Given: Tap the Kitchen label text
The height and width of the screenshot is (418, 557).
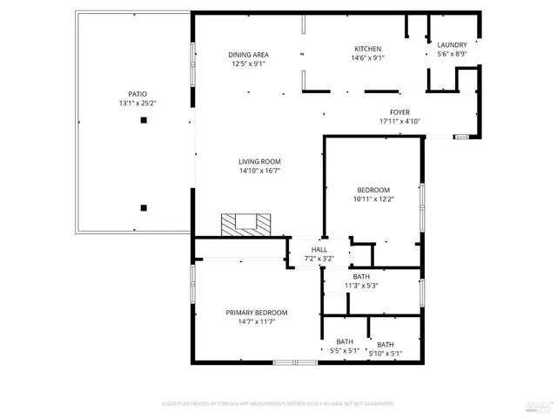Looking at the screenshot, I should click(x=367, y=49).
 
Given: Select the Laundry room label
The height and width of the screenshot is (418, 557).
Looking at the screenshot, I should click(x=452, y=45).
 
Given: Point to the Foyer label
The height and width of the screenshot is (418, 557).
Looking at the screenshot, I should click(x=399, y=112).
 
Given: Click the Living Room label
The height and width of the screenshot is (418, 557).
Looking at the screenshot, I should click(x=259, y=161).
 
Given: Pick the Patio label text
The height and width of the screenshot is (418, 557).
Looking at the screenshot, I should click(x=138, y=94).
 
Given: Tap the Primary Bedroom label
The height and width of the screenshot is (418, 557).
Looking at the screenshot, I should click(x=257, y=313).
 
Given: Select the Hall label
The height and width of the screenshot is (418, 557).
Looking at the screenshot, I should click(x=307, y=250).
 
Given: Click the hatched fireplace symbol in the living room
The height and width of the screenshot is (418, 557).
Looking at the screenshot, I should click(x=245, y=225).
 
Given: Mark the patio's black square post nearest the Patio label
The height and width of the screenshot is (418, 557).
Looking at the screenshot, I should click(x=144, y=121).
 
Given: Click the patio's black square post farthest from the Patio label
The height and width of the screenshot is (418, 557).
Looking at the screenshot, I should click(x=144, y=207).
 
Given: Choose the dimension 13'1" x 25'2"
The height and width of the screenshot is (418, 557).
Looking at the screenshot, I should click(x=138, y=103).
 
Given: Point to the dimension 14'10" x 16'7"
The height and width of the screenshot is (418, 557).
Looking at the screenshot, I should click(x=259, y=171).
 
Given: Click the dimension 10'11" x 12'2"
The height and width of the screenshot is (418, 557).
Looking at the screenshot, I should click(x=373, y=199).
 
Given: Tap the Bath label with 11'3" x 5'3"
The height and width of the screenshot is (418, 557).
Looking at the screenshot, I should click(x=360, y=276).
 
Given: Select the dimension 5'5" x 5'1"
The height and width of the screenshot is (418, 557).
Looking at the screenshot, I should click(x=345, y=351).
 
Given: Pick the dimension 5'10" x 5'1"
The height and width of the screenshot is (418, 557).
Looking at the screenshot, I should click(x=386, y=354).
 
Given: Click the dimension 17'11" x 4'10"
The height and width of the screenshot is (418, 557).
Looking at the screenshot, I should click(x=399, y=121).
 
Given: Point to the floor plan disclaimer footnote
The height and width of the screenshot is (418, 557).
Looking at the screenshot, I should click(x=278, y=403).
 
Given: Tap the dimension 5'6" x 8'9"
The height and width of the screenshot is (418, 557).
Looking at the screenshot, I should click(x=452, y=54).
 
